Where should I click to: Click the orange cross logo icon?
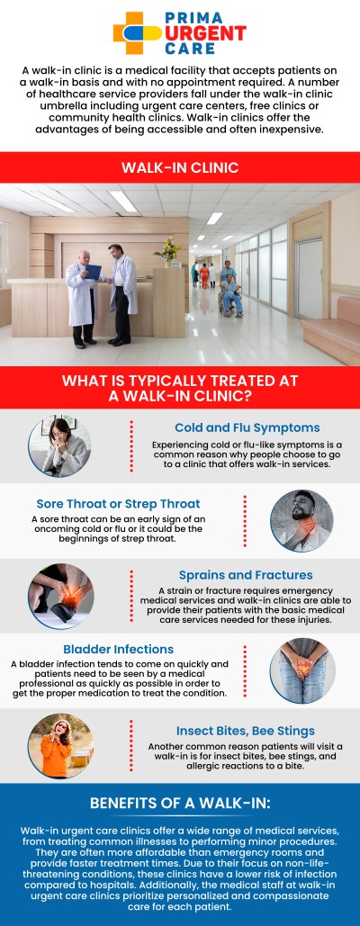tap(132, 32)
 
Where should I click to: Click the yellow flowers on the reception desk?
tap(167, 248)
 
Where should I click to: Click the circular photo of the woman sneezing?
tap(59, 447)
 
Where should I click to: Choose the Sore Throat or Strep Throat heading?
tap(118, 503)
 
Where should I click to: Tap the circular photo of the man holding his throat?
tap(301, 520)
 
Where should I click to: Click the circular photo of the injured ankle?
tap(59, 596)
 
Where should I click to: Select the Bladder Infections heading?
tap(118, 649)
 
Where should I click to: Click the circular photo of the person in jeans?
tap(301, 669)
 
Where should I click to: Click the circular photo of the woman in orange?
tap(59, 746)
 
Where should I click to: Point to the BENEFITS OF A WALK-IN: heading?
tap(180, 803)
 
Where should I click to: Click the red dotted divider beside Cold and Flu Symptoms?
tap(131, 446)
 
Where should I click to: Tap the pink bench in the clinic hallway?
tap(333, 334)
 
